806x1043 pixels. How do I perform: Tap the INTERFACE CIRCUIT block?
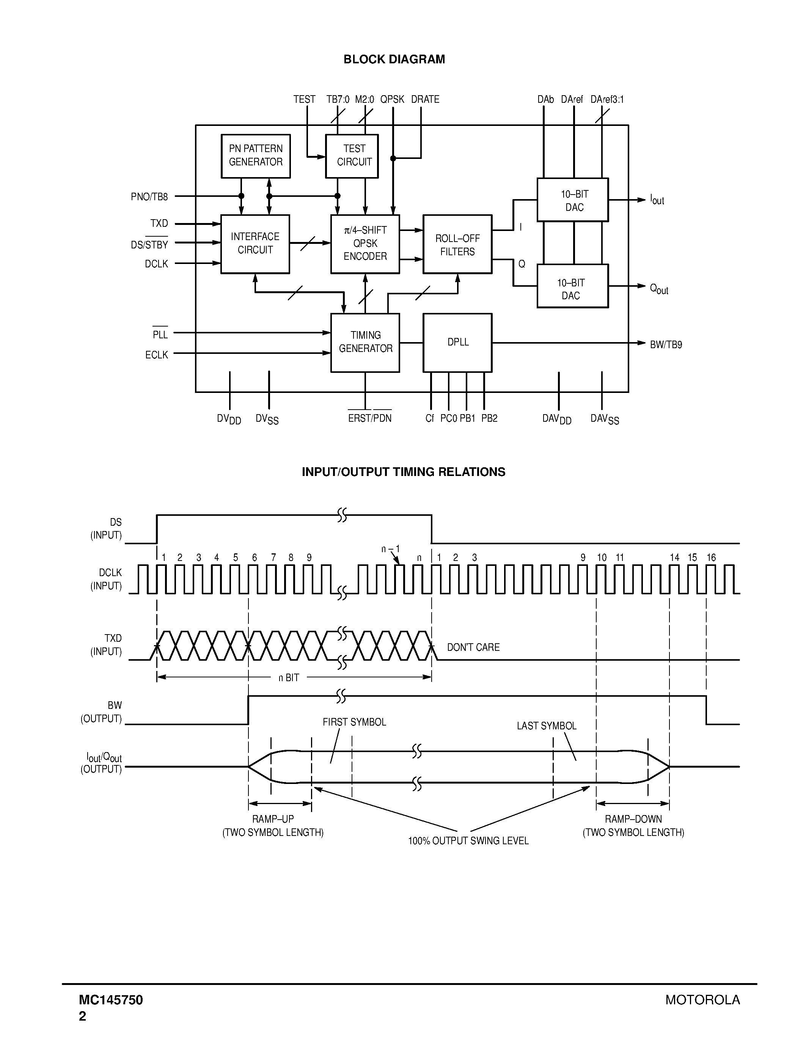click(x=255, y=243)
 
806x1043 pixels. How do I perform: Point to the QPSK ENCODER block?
click(x=365, y=243)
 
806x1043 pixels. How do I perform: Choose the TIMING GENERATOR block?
click(x=365, y=342)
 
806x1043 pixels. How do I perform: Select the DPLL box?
click(x=457, y=342)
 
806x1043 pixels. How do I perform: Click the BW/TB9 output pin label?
click(x=666, y=345)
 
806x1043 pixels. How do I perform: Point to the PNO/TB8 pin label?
click(x=149, y=197)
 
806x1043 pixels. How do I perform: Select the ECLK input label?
click(x=157, y=355)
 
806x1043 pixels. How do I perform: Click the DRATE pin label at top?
click(x=425, y=99)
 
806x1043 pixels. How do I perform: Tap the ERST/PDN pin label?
click(x=369, y=418)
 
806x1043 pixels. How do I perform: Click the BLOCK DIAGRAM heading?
click(x=394, y=59)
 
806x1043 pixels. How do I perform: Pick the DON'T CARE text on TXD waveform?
click(x=473, y=647)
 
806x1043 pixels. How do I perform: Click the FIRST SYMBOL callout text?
click(x=354, y=722)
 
